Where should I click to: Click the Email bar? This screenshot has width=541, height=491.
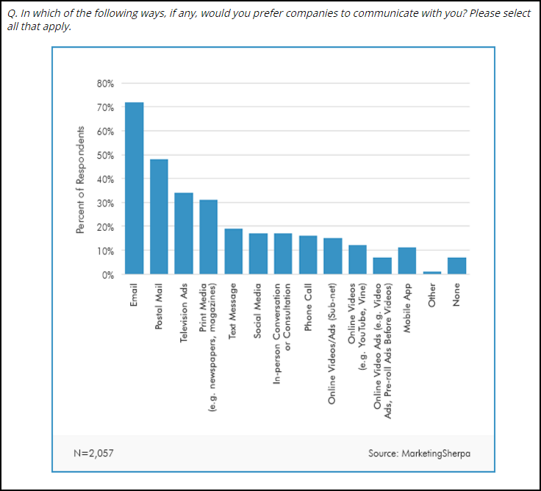click(134, 188)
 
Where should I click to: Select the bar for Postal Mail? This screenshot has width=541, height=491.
click(159, 217)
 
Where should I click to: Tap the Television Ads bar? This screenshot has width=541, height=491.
click(184, 234)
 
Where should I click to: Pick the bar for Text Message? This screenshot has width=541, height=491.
click(233, 251)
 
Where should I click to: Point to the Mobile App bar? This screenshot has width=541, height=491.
click(407, 261)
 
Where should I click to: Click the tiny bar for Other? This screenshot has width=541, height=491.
click(432, 273)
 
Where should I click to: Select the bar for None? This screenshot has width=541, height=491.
click(456, 266)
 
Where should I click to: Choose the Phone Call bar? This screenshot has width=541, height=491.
click(308, 255)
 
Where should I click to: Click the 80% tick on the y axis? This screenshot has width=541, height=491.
click(104, 84)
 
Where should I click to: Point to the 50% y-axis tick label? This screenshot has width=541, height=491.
click(104, 155)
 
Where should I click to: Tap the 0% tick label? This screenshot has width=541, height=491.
click(107, 274)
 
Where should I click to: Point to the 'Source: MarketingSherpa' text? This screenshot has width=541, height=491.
click(419, 453)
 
